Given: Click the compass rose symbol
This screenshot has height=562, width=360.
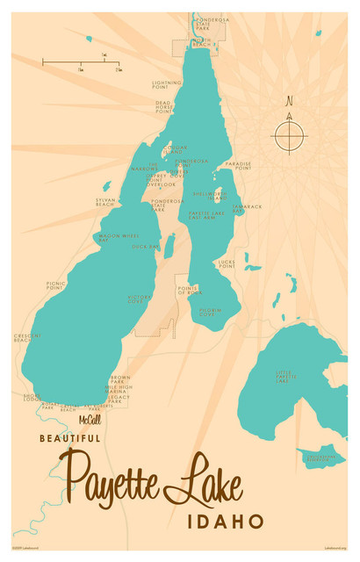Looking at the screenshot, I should (x=289, y=135).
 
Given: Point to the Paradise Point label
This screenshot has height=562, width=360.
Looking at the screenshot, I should (x=237, y=165).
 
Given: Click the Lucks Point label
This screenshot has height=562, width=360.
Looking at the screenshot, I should (x=227, y=263).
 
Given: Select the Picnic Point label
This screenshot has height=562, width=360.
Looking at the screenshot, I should (x=56, y=285).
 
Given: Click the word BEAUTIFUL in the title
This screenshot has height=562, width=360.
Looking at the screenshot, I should (x=69, y=436).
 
